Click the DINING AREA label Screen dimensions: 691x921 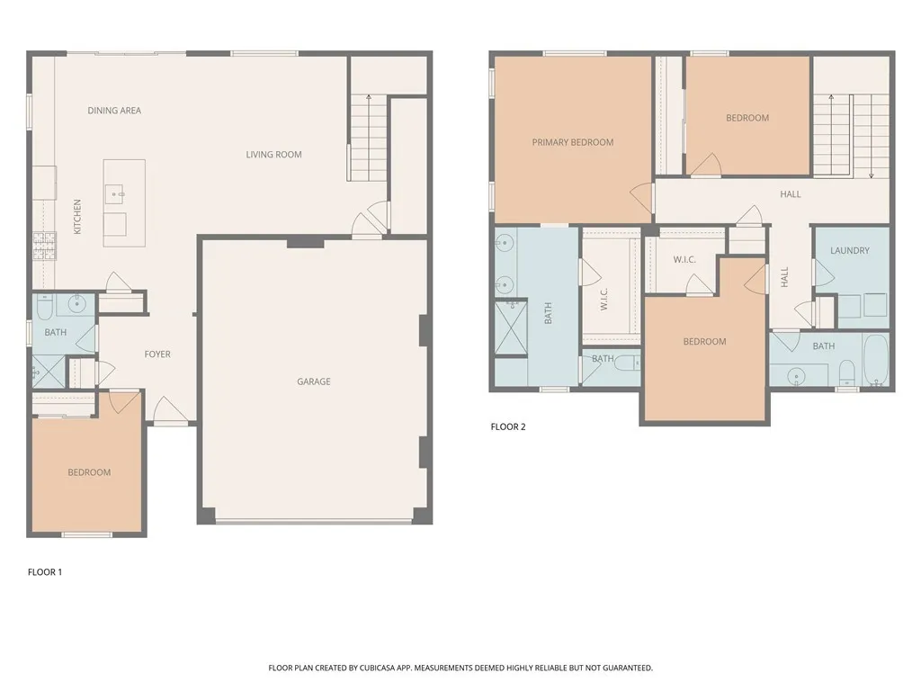[x=114, y=111]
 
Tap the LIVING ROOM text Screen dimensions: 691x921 [x=274, y=155]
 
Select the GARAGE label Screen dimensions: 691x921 [x=314, y=381]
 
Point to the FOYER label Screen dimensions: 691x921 [x=157, y=354]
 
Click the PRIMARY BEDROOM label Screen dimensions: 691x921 [x=573, y=142]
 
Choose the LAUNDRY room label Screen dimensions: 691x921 [x=850, y=251]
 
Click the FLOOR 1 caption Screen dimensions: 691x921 [x=45, y=571]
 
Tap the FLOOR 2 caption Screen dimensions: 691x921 [x=508, y=427]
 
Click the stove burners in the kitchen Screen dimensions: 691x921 [x=44, y=245]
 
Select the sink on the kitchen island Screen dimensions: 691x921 [x=116, y=193]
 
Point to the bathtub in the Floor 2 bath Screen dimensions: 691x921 [x=876, y=361]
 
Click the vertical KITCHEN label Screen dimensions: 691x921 [x=77, y=217]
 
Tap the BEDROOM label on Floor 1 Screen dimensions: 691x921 [x=89, y=473]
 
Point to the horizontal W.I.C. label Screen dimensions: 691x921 [x=684, y=260]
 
